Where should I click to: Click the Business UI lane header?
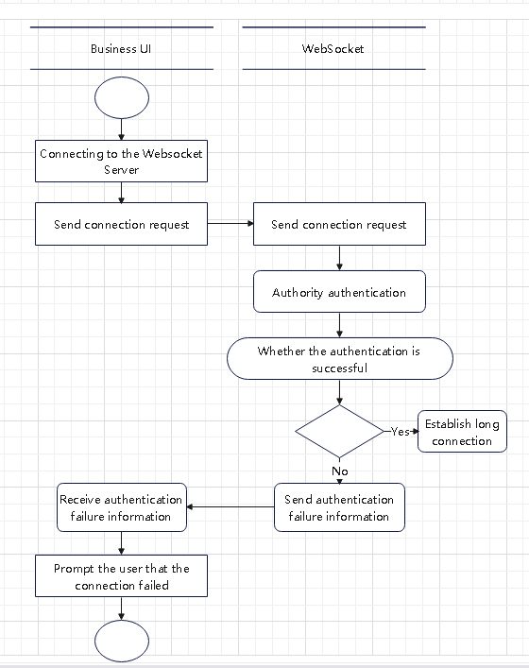[x=121, y=48]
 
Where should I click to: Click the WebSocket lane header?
[x=333, y=48]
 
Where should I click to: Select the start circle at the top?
[x=122, y=98]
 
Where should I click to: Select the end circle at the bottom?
[x=122, y=642]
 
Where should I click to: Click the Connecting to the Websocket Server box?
[x=121, y=162]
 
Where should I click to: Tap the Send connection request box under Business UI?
[x=121, y=224]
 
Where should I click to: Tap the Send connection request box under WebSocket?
[x=338, y=224]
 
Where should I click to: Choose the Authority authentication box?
[x=338, y=292]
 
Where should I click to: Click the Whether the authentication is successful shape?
[x=339, y=359]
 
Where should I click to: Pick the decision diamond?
[x=338, y=432]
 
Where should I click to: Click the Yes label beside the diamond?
[x=400, y=431]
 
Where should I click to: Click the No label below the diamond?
[x=340, y=470]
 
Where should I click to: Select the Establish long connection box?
[x=462, y=432]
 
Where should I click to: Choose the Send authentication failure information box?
[x=339, y=507]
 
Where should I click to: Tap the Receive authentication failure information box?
[x=121, y=507]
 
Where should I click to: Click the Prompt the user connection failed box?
[x=121, y=576]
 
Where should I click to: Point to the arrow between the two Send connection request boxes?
[x=230, y=224]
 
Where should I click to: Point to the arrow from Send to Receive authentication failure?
[x=230, y=507]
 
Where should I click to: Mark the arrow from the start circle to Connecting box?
[x=122, y=130]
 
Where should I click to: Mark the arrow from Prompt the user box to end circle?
[x=122, y=609]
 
